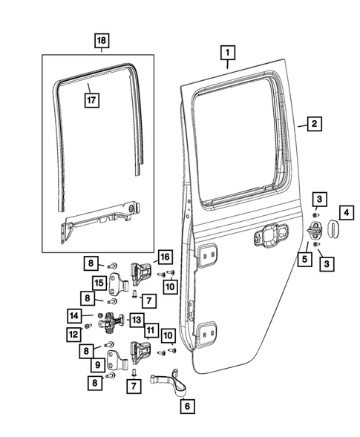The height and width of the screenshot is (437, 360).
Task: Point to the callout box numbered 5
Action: (x=304, y=259)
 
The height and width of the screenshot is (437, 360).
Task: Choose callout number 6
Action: (x=186, y=407)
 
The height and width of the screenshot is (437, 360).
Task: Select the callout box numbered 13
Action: (x=137, y=319)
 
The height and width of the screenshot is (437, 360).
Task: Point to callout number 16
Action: (x=163, y=257)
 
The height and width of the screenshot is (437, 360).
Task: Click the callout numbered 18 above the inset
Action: (x=101, y=41)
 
